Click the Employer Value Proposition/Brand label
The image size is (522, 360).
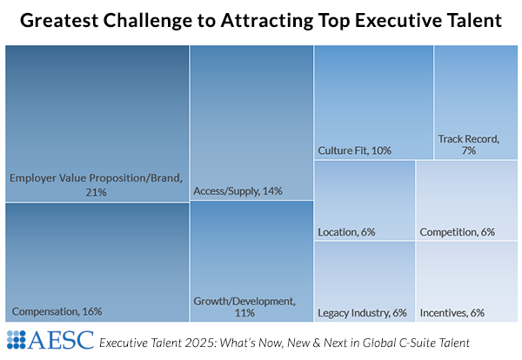pyautogui.click(x=96, y=178)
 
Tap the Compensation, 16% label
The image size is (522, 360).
pyautogui.click(x=57, y=311)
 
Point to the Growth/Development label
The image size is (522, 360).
pyautogui.click(x=244, y=301)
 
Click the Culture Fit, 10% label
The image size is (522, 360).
pyautogui.click(x=354, y=150)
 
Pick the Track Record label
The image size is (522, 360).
pyautogui.click(x=468, y=138)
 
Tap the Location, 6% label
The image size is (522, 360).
pyautogui.click(x=346, y=232)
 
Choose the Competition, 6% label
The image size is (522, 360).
pyautogui.click(x=457, y=232)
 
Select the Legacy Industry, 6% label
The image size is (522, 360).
pyautogui.click(x=362, y=312)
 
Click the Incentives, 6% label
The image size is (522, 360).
pyautogui.click(x=452, y=312)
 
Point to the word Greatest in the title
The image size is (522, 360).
pyautogui.click(x=60, y=21)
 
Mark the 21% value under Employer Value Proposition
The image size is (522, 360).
pyautogui.click(x=96, y=191)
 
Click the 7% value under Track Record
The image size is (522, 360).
pyautogui.click(x=468, y=150)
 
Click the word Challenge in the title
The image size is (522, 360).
pyautogui.click(x=153, y=21)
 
